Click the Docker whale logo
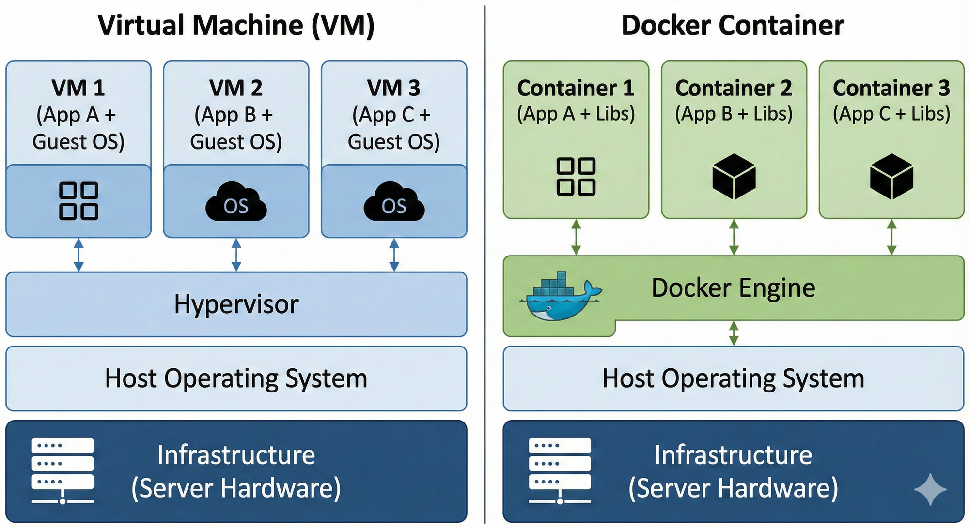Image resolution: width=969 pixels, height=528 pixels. click(x=560, y=296)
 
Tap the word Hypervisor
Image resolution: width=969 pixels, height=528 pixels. click(x=236, y=304)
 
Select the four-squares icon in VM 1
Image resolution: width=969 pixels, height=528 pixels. click(x=78, y=201)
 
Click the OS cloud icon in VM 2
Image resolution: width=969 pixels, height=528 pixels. click(x=236, y=202)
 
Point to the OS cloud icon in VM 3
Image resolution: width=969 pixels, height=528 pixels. click(x=394, y=202)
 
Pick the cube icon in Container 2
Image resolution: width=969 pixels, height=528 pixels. click(x=734, y=177)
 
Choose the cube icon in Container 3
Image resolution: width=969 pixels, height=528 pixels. click(x=891, y=177)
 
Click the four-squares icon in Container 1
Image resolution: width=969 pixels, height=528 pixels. click(x=576, y=177)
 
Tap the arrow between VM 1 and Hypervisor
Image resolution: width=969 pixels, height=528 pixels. click(x=78, y=255)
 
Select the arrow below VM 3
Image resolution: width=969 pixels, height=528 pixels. click(x=394, y=255)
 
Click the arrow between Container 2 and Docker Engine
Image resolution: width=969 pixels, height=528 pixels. click(x=734, y=237)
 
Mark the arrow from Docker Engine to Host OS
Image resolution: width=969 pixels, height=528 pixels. click(x=734, y=333)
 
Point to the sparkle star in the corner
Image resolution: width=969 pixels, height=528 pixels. click(x=930, y=490)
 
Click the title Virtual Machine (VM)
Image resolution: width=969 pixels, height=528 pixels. click(x=236, y=25)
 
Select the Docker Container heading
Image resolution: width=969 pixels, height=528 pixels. click(x=733, y=25)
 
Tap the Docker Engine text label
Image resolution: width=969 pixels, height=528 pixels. click(x=733, y=288)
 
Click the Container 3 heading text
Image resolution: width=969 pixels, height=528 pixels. click(x=891, y=88)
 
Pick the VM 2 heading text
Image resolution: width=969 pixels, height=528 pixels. click(x=236, y=88)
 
